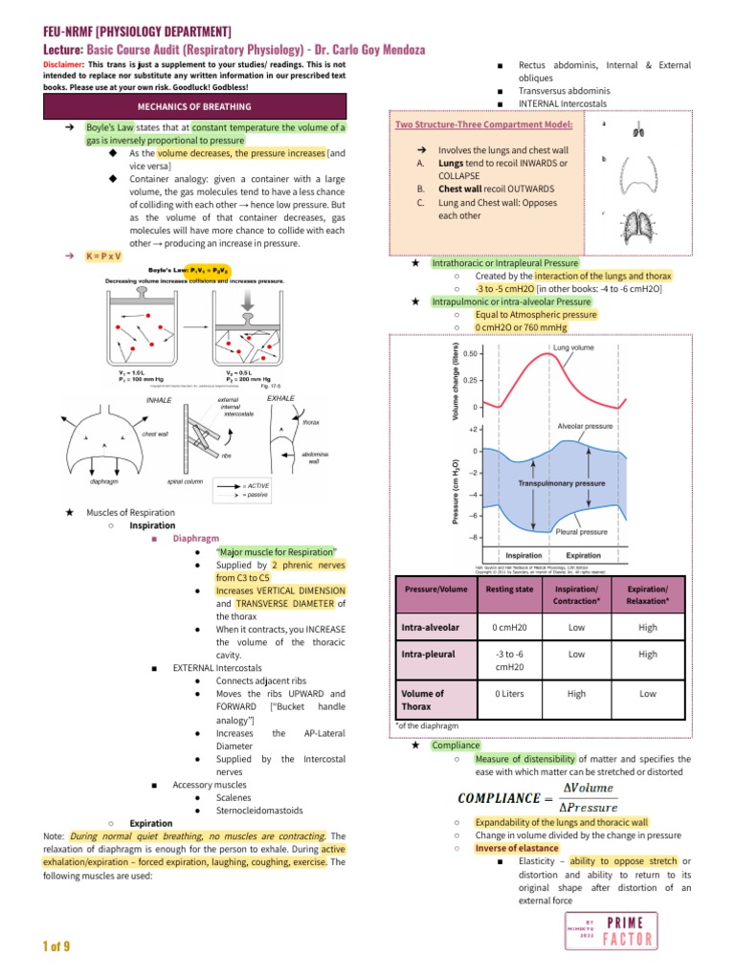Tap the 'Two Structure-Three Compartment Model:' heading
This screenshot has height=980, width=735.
point(484,124)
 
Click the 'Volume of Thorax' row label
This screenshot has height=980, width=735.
point(423,700)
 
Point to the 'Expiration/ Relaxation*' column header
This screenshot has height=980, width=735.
point(647,594)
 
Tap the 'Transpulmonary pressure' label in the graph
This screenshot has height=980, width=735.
point(561,483)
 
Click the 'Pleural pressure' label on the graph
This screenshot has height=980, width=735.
point(582,531)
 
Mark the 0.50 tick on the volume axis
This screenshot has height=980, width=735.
point(470,354)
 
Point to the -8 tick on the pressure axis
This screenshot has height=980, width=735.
point(473,538)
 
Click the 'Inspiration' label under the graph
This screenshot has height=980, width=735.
point(523,555)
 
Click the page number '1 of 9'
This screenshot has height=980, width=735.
point(56,947)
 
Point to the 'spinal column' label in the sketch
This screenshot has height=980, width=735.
point(187,481)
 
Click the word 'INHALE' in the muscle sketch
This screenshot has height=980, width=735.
point(159,400)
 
